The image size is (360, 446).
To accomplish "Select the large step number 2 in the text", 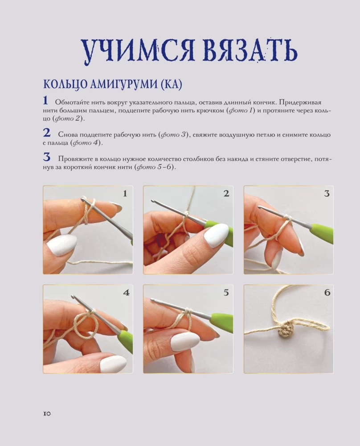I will pos(46,133).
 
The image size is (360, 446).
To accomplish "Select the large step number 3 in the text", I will pos(46,157).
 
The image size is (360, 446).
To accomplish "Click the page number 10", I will pos(47,413).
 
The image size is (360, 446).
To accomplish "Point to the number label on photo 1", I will pos(125,193).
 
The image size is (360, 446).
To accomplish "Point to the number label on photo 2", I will pos(226,193).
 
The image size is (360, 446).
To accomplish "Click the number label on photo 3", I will pos(326,193).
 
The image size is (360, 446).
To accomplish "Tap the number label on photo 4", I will pos(126,293).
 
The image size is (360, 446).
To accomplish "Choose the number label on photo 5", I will pos(226,293).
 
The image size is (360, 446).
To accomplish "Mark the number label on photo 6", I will pos(327,293).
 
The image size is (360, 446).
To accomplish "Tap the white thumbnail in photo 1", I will pos(61,245).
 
